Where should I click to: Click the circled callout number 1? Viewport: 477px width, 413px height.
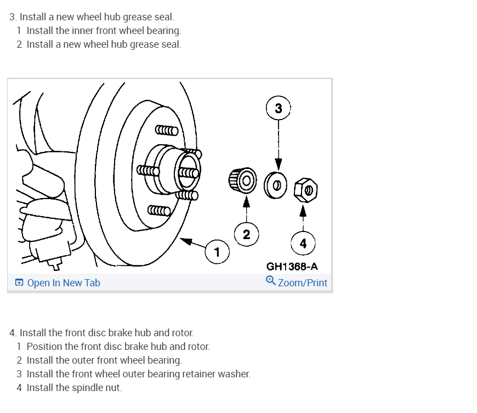pos(217,252)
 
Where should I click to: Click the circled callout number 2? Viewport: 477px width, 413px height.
pos(246,235)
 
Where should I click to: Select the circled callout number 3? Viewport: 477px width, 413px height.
pos(279,109)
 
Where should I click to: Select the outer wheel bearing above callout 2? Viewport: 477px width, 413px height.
pos(242,179)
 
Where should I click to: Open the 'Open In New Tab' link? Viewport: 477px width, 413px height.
pos(64,283)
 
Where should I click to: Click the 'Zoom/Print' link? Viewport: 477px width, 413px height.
pos(302,283)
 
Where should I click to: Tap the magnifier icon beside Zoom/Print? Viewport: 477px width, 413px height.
pos(270,281)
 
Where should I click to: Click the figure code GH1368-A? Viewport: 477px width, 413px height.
pos(292,267)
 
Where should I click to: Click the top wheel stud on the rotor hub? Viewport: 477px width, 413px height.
pos(167,131)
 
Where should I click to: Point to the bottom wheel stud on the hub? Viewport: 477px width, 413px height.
pos(160,210)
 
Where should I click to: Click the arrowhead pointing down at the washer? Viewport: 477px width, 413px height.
pos(279,164)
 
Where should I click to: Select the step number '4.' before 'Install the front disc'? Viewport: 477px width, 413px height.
pos(13,333)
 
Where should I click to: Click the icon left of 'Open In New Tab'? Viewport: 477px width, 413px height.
pos(19,283)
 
